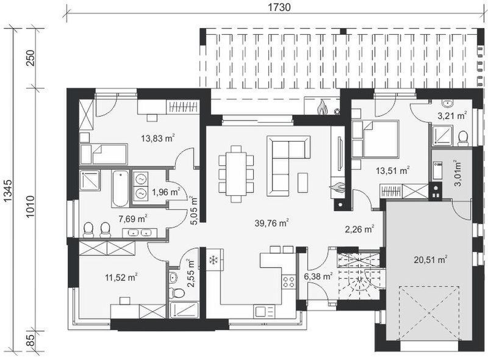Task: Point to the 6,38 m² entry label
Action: tap(319, 276)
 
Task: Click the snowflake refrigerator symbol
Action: tap(213, 261)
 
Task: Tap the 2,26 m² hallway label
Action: tap(359, 229)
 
